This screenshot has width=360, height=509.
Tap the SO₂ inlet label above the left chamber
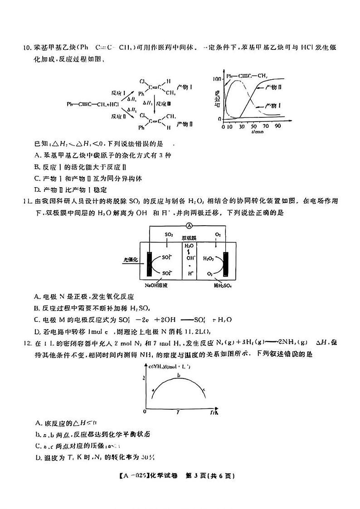coord(169,235)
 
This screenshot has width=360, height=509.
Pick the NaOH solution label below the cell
coord(156,286)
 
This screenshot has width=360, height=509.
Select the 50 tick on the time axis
coord(253,126)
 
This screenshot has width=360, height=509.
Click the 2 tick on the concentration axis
coord(144,377)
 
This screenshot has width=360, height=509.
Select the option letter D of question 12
coord(38,456)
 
